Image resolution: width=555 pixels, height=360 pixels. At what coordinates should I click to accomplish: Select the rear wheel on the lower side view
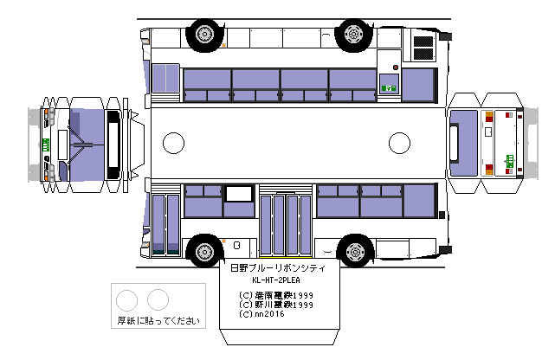(353, 252)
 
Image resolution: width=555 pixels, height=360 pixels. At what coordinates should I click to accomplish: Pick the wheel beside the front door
(203, 252)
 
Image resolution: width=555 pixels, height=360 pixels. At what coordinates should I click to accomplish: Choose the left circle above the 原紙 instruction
(127, 299)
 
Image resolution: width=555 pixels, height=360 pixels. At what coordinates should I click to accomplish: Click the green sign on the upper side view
(389, 87)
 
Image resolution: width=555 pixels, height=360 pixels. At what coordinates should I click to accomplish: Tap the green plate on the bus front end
(44, 145)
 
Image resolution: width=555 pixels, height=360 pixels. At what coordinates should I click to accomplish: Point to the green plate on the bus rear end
(509, 158)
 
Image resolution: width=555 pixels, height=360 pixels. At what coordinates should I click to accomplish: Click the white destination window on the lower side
(238, 208)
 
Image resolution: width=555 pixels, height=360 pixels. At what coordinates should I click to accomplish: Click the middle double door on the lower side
(285, 225)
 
